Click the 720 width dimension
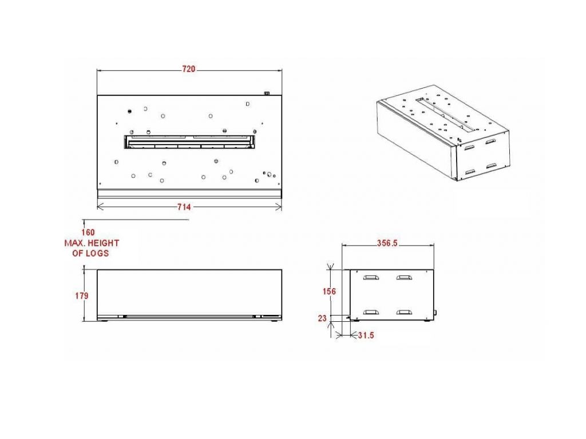pyautogui.click(x=189, y=69)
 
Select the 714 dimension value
pyautogui.click(x=184, y=207)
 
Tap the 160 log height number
pyautogui.click(x=88, y=233)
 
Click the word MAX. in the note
pyautogui.click(x=74, y=243)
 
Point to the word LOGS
pyautogui.click(x=97, y=253)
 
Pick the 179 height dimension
pyautogui.click(x=82, y=296)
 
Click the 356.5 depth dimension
pyautogui.click(x=387, y=244)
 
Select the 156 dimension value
pyautogui.click(x=329, y=291)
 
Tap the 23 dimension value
pyautogui.click(x=322, y=318)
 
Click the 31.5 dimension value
pyautogui.click(x=366, y=335)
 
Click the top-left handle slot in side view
pyautogui.click(x=371, y=277)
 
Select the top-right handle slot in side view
pyautogui.click(x=404, y=277)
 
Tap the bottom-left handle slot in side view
pyautogui.click(x=371, y=312)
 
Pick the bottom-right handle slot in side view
pyautogui.click(x=404, y=312)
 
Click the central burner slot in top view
pyautogui.click(x=189, y=142)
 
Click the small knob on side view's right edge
pyautogui.click(x=435, y=312)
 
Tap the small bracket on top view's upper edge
pyautogui.click(x=267, y=93)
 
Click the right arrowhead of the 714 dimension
pyautogui.click(x=279, y=206)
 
